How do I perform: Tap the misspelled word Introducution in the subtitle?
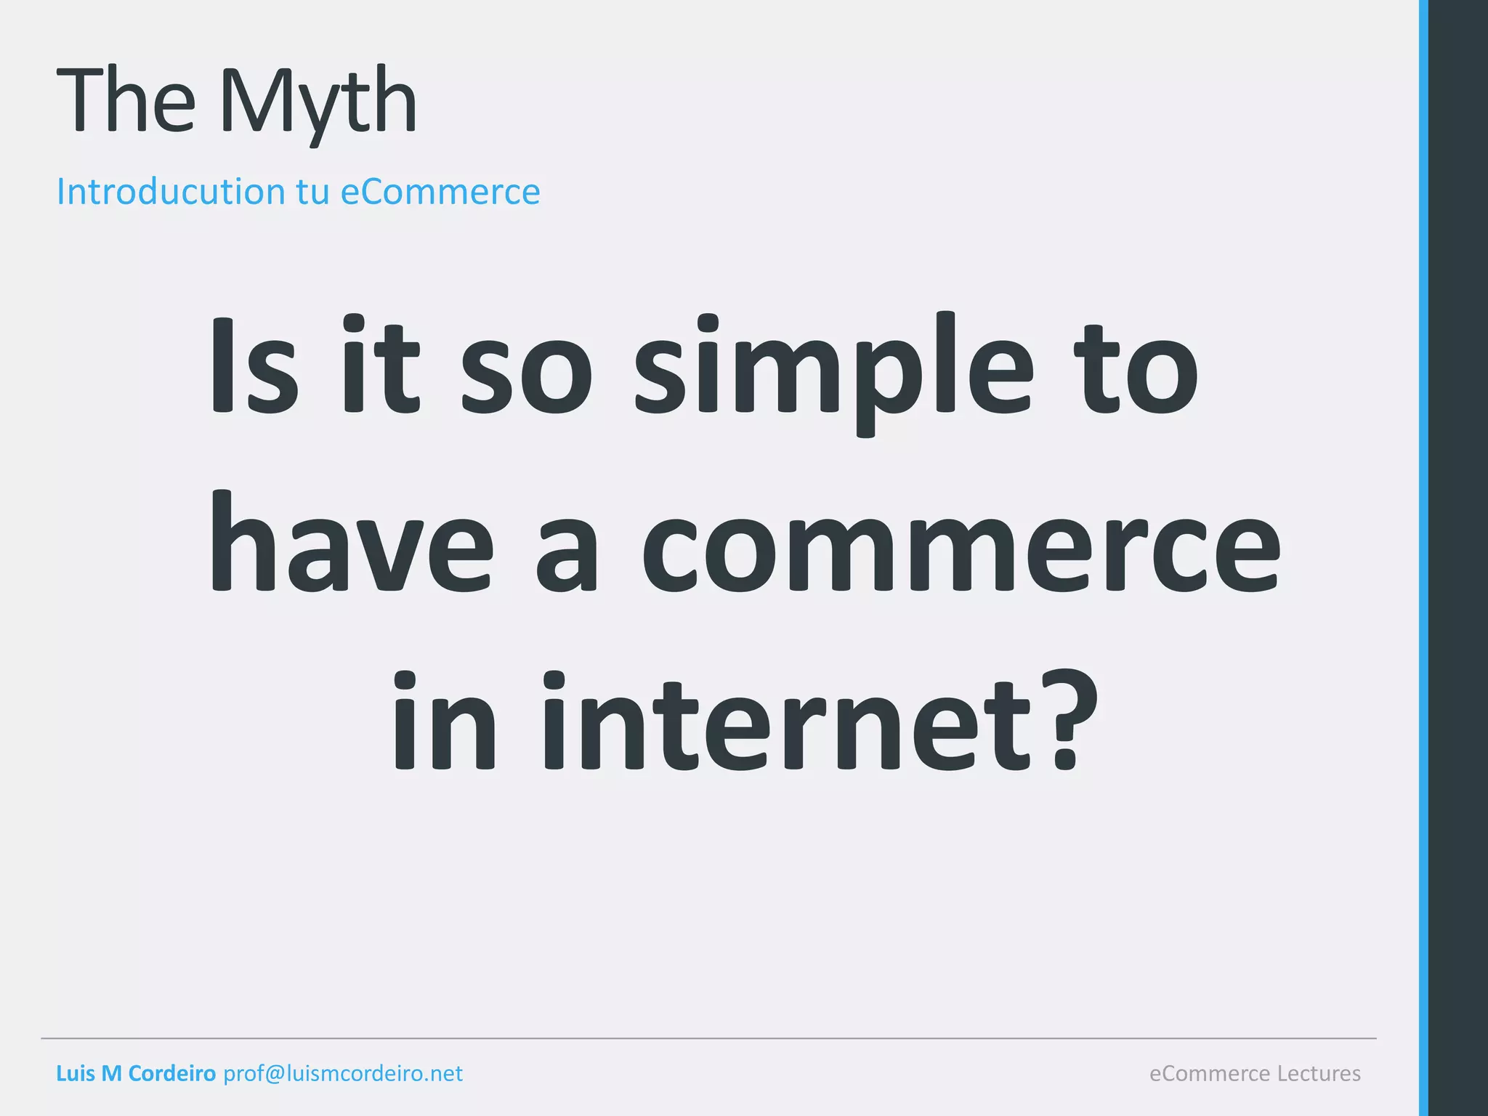click(171, 192)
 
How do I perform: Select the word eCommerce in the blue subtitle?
click(440, 192)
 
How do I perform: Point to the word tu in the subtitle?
click(313, 193)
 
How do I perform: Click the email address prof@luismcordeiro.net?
click(343, 1073)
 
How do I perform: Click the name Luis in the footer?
click(75, 1073)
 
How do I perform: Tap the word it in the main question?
click(381, 367)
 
